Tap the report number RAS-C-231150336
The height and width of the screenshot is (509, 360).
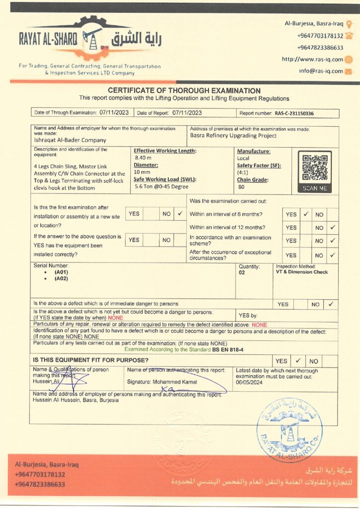tap(295, 113)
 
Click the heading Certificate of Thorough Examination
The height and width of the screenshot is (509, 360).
tap(184, 90)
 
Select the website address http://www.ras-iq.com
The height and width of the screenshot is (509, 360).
tap(312, 59)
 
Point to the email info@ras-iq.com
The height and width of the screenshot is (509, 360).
tap(321, 71)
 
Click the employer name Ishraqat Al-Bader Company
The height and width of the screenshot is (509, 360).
tap(70, 140)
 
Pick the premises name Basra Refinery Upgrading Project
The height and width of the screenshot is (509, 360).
tap(233, 135)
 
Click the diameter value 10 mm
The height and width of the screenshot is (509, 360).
tap(142, 172)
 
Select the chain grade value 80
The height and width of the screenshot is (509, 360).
tap(242, 187)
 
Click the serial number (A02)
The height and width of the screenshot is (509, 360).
tap(61, 279)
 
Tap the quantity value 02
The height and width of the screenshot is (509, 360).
tap(242, 272)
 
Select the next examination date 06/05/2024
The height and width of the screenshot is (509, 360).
tap(250, 383)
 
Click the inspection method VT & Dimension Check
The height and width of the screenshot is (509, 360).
tap(302, 272)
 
